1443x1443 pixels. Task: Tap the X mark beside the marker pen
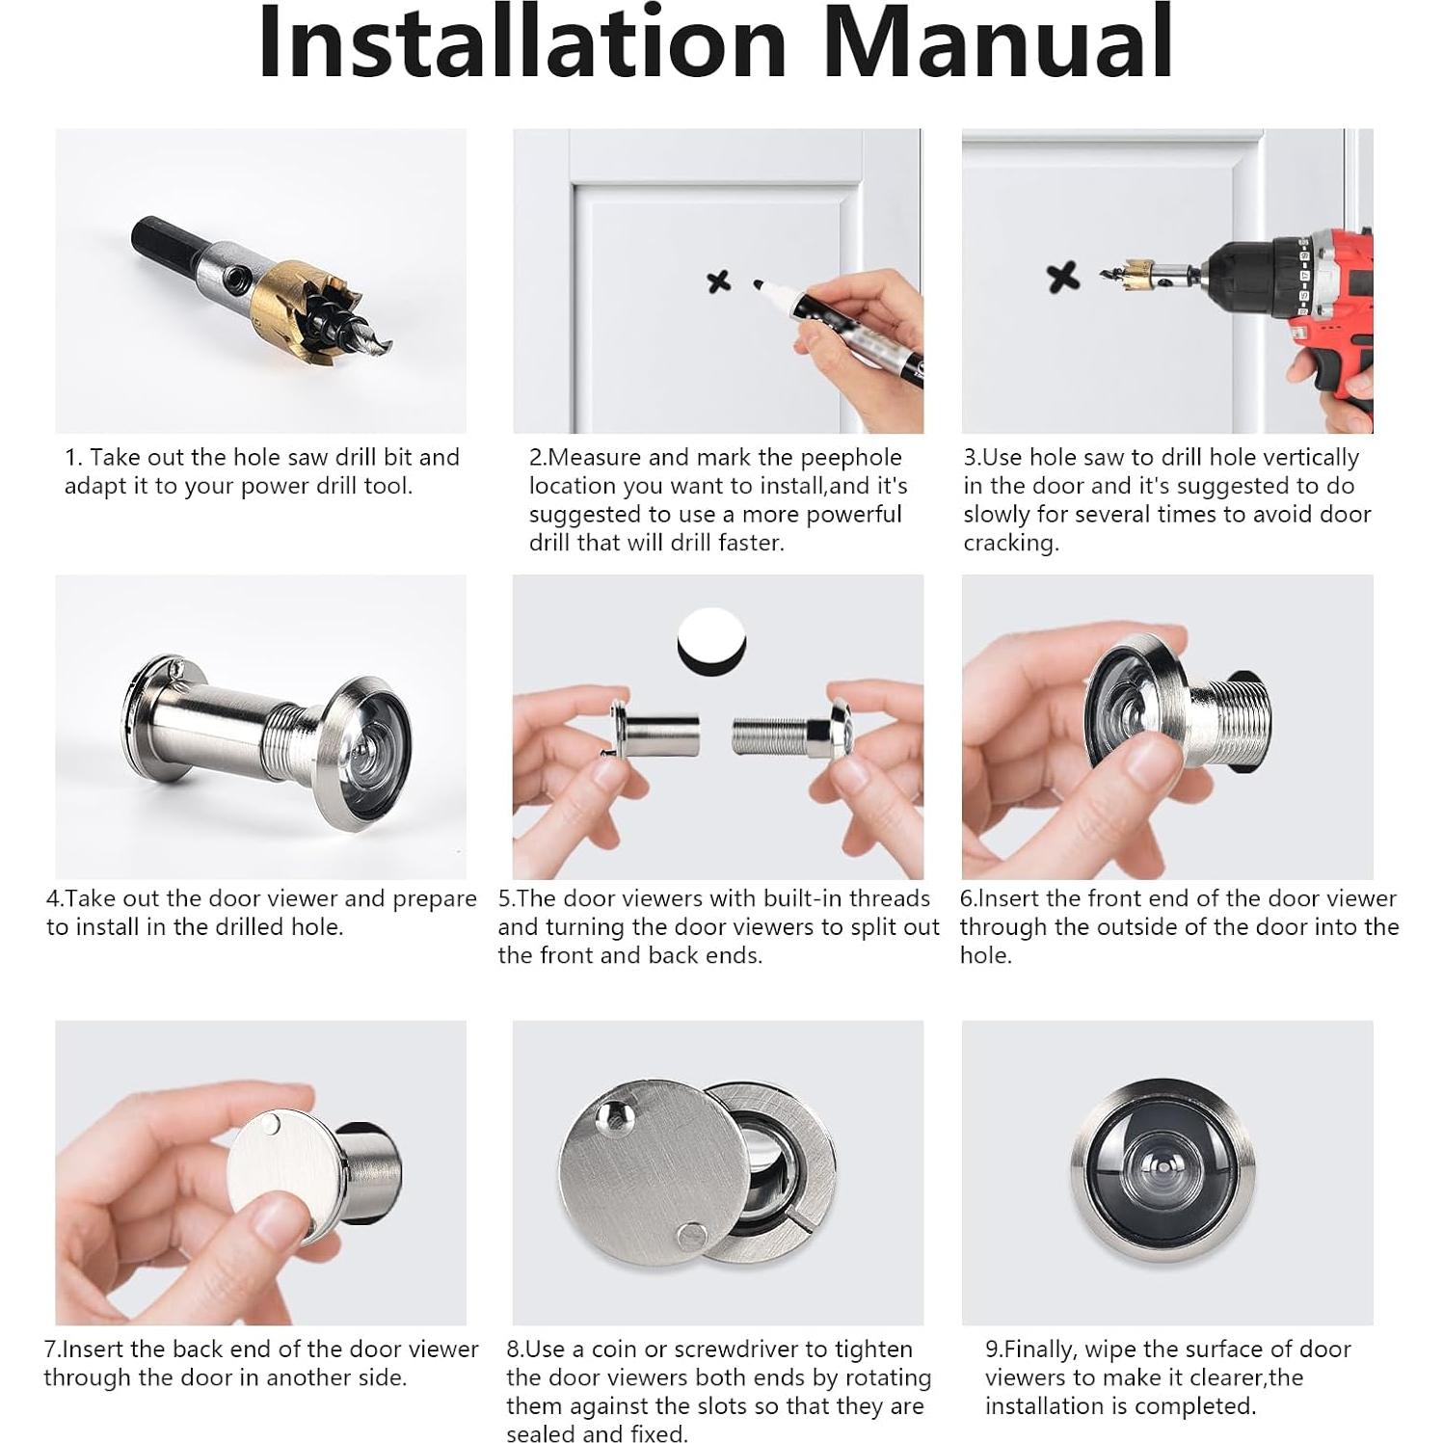[x=719, y=281]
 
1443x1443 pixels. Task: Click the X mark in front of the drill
[x=1062, y=278]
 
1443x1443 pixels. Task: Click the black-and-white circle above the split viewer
[x=713, y=642]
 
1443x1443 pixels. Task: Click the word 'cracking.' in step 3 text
[x=1011, y=543]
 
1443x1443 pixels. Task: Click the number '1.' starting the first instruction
[x=73, y=458]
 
